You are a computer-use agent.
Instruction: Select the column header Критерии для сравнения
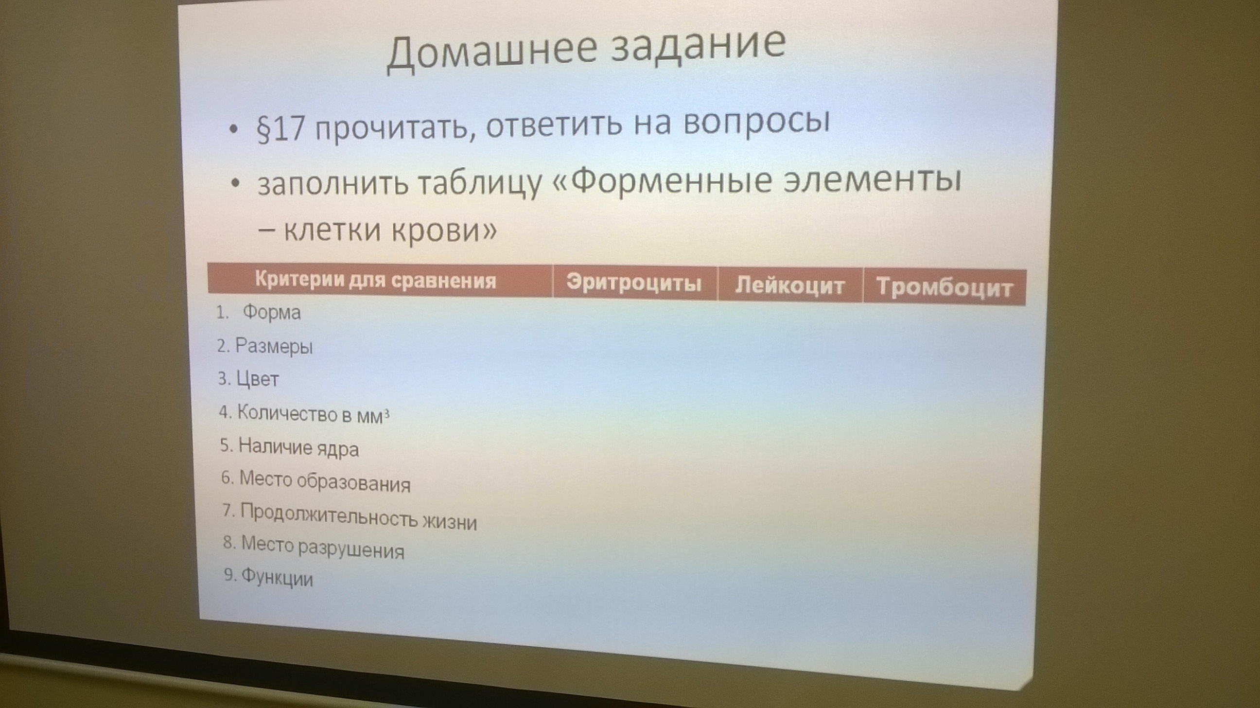(x=376, y=281)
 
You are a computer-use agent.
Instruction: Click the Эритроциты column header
(x=634, y=283)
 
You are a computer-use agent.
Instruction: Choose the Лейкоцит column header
(x=790, y=285)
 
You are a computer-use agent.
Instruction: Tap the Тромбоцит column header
(x=944, y=287)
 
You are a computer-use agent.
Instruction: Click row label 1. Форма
(x=258, y=312)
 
